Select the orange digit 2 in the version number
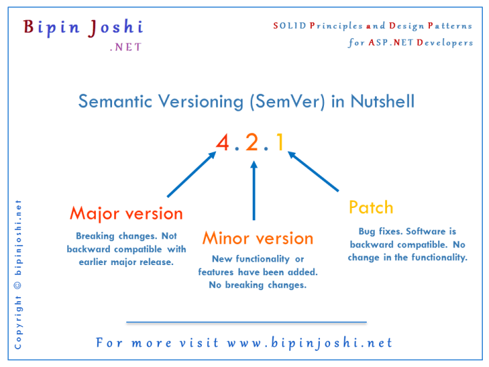click(252, 142)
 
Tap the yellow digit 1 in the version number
click(279, 142)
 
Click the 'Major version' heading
click(126, 213)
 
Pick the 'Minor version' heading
click(258, 239)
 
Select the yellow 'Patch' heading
click(371, 207)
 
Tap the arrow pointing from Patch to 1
click(313, 171)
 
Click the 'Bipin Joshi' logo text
click(83, 27)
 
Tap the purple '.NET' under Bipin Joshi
click(125, 48)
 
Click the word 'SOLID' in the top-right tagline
click(287, 26)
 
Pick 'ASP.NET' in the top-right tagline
click(390, 42)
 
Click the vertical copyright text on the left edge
click(18, 275)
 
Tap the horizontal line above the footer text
click(246, 322)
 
